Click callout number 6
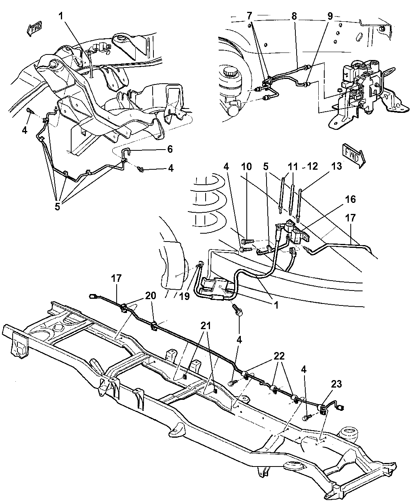coord(170,149)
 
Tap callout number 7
coord(249,16)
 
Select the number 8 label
coord(294,16)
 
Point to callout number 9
coord(329,16)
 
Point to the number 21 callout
coord(205,326)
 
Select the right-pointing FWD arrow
coord(353,156)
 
